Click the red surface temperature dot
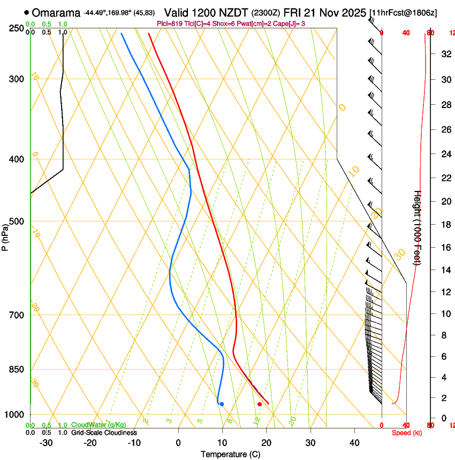[260, 404]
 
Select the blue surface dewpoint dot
[222, 404]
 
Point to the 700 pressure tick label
[17, 315]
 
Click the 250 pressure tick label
[17, 28]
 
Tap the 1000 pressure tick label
[15, 415]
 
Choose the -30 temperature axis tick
[46, 443]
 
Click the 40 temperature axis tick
[354, 443]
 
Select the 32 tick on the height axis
[445, 54]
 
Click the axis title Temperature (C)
[230, 455]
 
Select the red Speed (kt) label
[407, 433]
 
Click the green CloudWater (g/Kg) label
[98, 425]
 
